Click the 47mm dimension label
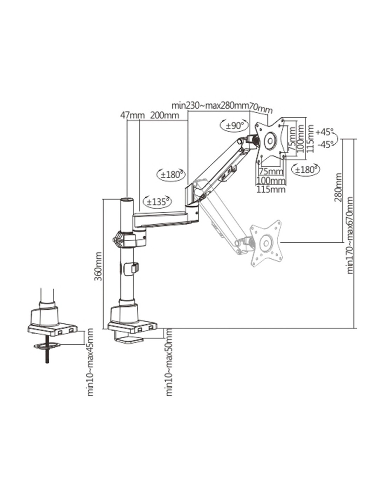pos(127,115)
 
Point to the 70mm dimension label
pos(260,108)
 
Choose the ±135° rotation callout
pos(158,201)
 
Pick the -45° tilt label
pos(325,144)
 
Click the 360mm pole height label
pos(98,266)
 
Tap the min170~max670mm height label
pos(350,236)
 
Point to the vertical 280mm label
pos(338,187)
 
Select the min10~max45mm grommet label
pos(90,362)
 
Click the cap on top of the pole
pos(126,200)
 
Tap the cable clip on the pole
pos(134,268)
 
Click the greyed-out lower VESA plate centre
pos(265,242)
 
